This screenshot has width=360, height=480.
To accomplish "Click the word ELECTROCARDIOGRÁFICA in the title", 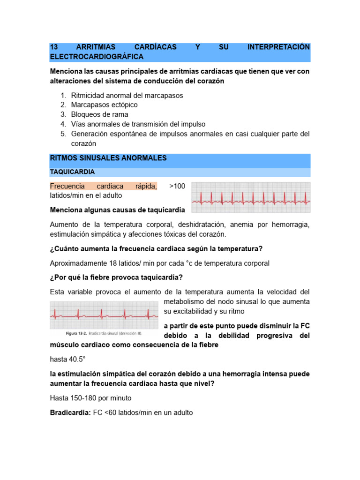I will [97, 57].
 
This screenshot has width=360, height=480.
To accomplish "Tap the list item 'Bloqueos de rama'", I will [99, 114].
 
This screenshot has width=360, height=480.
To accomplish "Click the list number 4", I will [63, 124].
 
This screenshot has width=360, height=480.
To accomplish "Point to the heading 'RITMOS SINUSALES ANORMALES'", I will [108, 158].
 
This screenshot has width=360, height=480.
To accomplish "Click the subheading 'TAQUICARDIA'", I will [72, 172].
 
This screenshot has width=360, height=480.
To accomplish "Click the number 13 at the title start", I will [53, 47].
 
